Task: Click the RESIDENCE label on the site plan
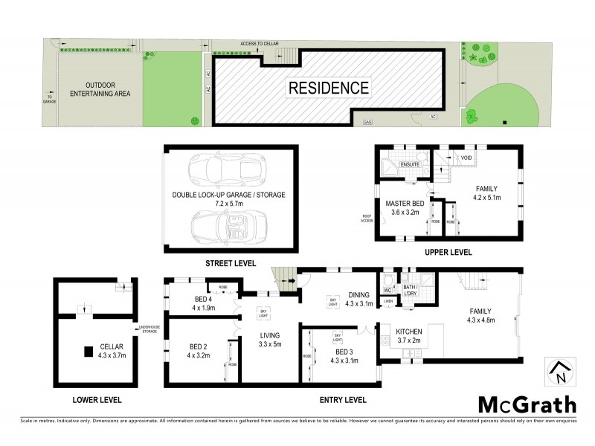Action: [328, 88]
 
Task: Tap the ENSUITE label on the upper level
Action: [411, 164]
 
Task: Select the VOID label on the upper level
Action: [467, 158]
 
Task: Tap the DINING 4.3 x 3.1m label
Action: [354, 299]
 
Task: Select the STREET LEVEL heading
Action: [231, 263]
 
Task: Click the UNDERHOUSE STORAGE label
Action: [149, 330]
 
